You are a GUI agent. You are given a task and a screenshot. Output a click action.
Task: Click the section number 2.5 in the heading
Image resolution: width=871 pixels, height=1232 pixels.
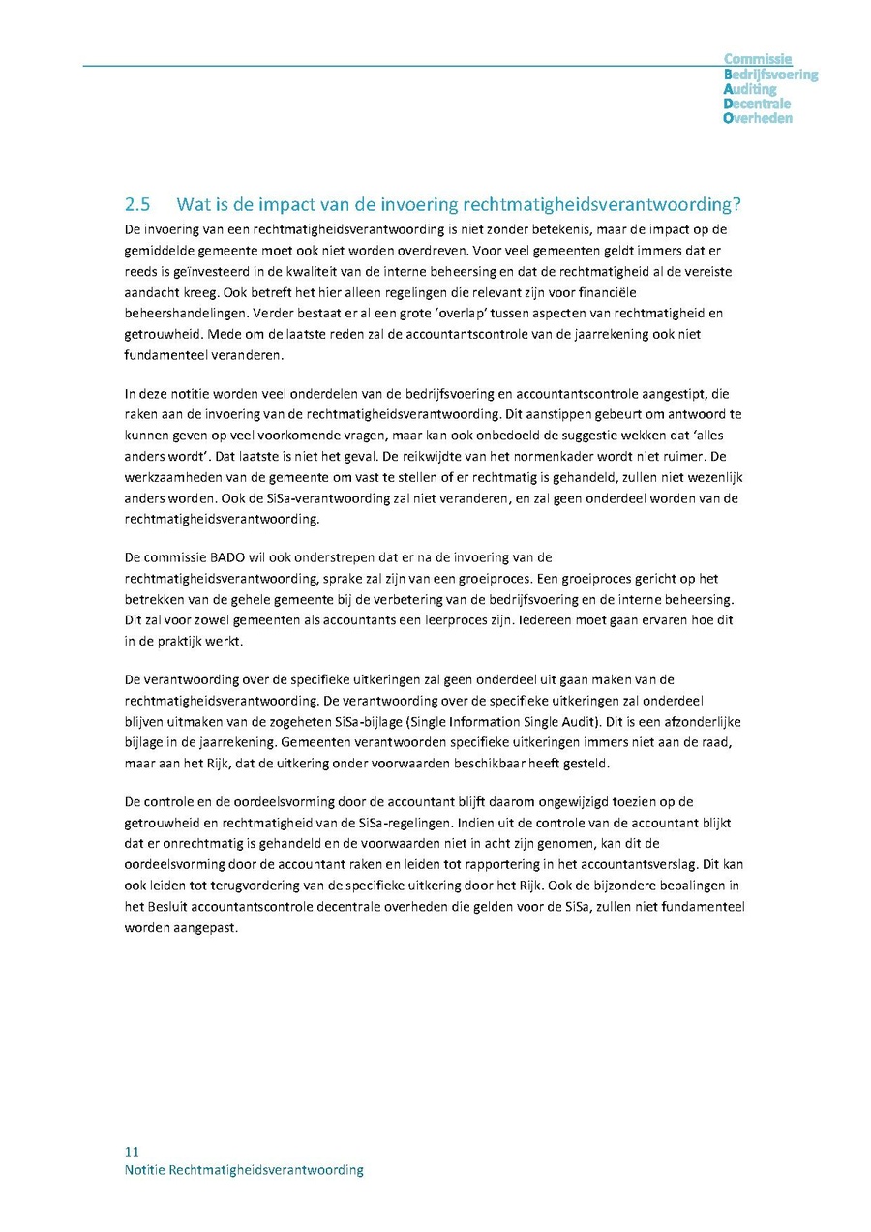pos(139,205)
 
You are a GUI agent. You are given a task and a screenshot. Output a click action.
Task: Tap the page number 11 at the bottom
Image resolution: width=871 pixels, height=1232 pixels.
pos(133,1152)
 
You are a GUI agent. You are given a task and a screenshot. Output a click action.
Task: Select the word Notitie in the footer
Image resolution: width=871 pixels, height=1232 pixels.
pos(145,1170)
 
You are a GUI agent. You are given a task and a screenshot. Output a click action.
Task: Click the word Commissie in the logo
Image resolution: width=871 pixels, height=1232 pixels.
pos(758,60)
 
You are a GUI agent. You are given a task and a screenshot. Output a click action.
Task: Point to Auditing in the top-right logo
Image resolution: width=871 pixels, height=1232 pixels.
pos(750,89)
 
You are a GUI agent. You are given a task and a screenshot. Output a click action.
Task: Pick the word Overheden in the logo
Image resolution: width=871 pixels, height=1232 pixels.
pos(758,118)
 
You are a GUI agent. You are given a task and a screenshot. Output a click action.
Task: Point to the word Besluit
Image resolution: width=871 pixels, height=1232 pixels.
pos(169,906)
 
